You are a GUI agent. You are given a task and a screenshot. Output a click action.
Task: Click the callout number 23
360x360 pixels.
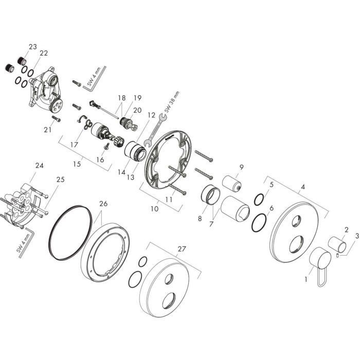click(x=33, y=47)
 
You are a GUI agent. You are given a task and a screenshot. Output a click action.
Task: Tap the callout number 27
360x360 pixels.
click(x=181, y=248)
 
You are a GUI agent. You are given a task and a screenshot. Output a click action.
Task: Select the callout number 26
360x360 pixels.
click(x=103, y=204)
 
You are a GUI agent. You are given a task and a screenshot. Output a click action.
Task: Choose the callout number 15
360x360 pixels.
click(x=78, y=165)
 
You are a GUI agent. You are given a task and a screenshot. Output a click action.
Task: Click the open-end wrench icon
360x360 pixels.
click(x=156, y=129)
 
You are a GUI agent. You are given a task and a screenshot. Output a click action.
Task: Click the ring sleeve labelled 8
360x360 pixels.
click(x=211, y=195)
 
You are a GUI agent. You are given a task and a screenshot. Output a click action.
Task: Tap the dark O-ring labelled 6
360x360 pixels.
click(x=260, y=222)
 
